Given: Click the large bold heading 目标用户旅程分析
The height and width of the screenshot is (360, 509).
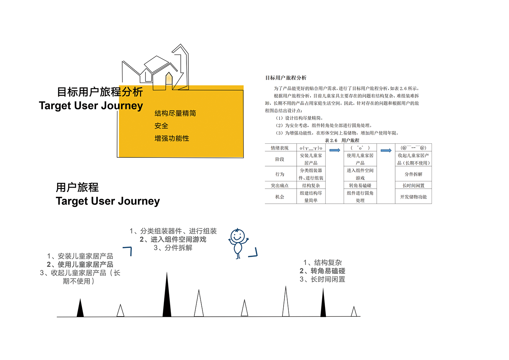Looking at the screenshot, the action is tap(100, 92).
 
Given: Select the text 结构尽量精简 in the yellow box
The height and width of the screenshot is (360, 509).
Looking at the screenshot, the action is tap(175, 113).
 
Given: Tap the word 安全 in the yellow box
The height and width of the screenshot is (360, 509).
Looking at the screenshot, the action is tap(161, 126).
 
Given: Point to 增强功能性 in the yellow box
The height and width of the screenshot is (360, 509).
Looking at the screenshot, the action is tap(172, 139).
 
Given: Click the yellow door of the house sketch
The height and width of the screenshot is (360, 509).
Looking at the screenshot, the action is tap(169, 80).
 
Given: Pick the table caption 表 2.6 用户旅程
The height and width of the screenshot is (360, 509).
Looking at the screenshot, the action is tap(342, 140).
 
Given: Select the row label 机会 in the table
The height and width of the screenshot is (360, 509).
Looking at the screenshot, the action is tap(280, 197).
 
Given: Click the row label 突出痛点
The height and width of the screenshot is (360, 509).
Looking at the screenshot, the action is tap(280, 185).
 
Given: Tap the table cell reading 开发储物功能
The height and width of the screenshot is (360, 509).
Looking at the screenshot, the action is tap(413, 197).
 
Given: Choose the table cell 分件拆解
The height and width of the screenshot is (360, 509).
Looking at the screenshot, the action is tap(413, 174).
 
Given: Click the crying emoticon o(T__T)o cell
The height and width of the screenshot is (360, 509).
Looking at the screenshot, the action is tap(311, 148).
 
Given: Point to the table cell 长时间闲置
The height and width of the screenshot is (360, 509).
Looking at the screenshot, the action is tap(413, 185).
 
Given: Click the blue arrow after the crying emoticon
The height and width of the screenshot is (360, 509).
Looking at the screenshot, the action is tap(334, 150).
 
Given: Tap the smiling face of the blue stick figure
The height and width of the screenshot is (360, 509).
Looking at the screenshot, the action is tap(237, 236).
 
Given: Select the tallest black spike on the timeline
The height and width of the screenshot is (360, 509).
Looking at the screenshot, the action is tap(167, 296).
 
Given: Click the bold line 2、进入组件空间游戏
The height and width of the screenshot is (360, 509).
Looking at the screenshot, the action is tap(173, 239).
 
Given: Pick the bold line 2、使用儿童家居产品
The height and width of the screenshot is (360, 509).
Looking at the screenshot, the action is tap(80, 264).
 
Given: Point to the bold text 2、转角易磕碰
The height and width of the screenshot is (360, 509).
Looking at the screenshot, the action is tap(322, 271).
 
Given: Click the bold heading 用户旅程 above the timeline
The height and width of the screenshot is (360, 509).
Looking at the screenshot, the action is tap(77, 188).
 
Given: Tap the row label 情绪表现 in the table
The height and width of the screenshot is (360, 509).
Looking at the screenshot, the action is tap(280, 148).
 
